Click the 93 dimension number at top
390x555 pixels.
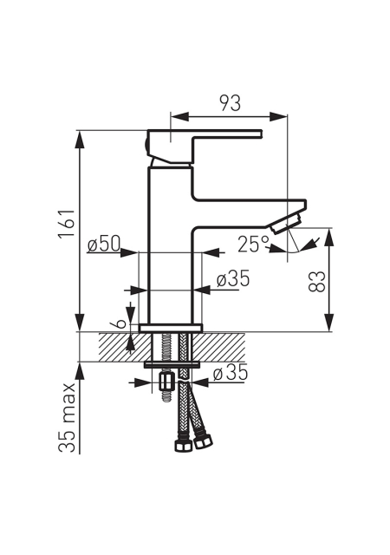click(231, 103)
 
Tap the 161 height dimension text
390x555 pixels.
click(67, 224)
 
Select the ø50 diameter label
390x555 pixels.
click(104, 244)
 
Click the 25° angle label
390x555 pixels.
click(253, 244)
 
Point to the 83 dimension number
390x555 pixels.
click(316, 281)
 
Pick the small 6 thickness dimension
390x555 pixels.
click(120, 323)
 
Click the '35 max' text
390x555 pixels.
click(67, 418)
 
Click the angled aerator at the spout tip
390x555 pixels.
click(286, 224)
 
